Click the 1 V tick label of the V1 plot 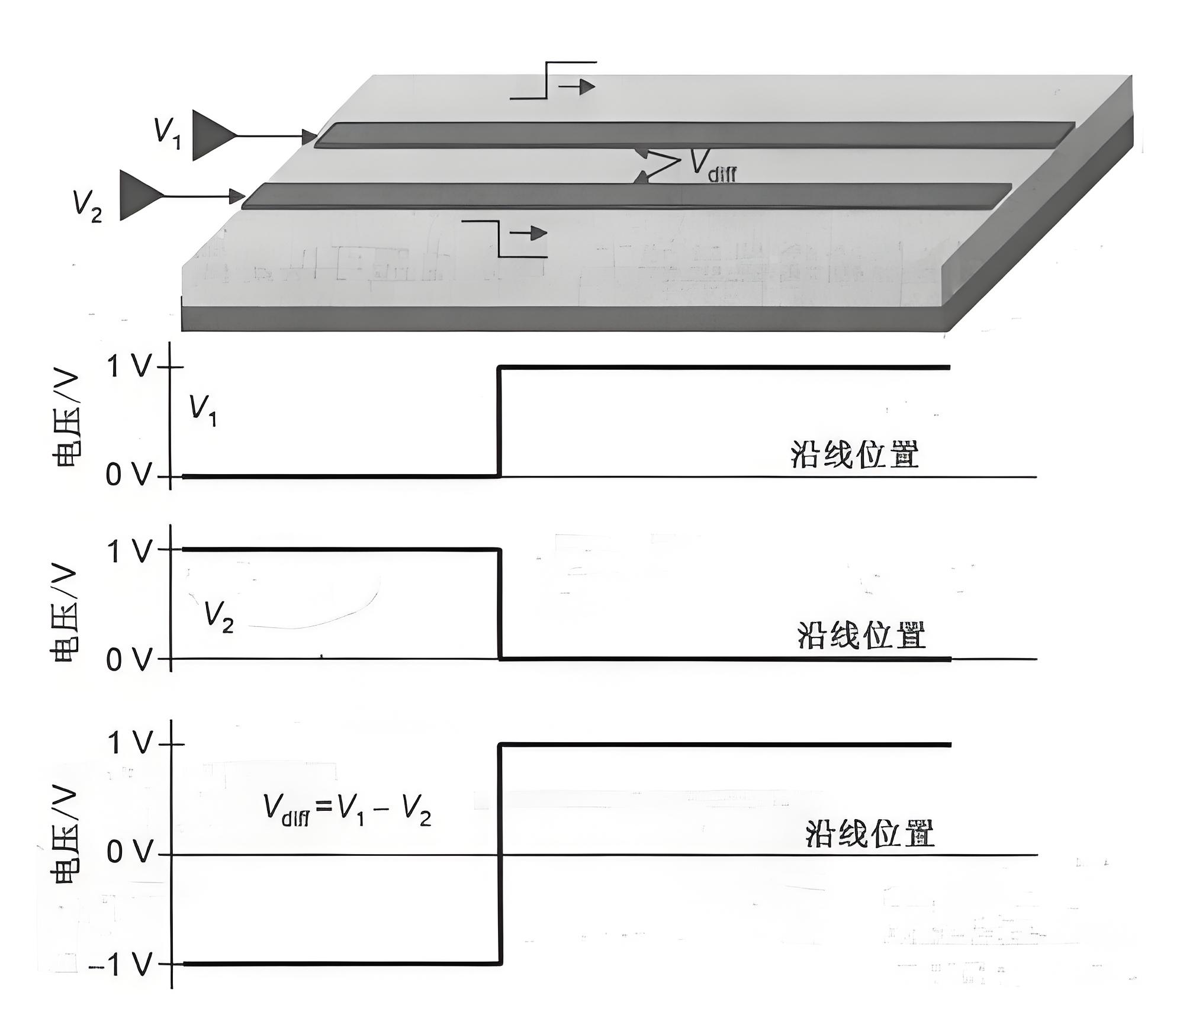click(128, 367)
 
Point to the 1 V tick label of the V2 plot click(128, 551)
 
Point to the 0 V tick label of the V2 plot click(128, 659)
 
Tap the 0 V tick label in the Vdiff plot click(129, 853)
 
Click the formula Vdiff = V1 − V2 click(347, 810)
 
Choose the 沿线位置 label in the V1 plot click(854, 455)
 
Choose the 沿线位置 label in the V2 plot click(861, 636)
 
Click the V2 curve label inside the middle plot click(218, 616)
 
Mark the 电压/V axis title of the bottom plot click(66, 835)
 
